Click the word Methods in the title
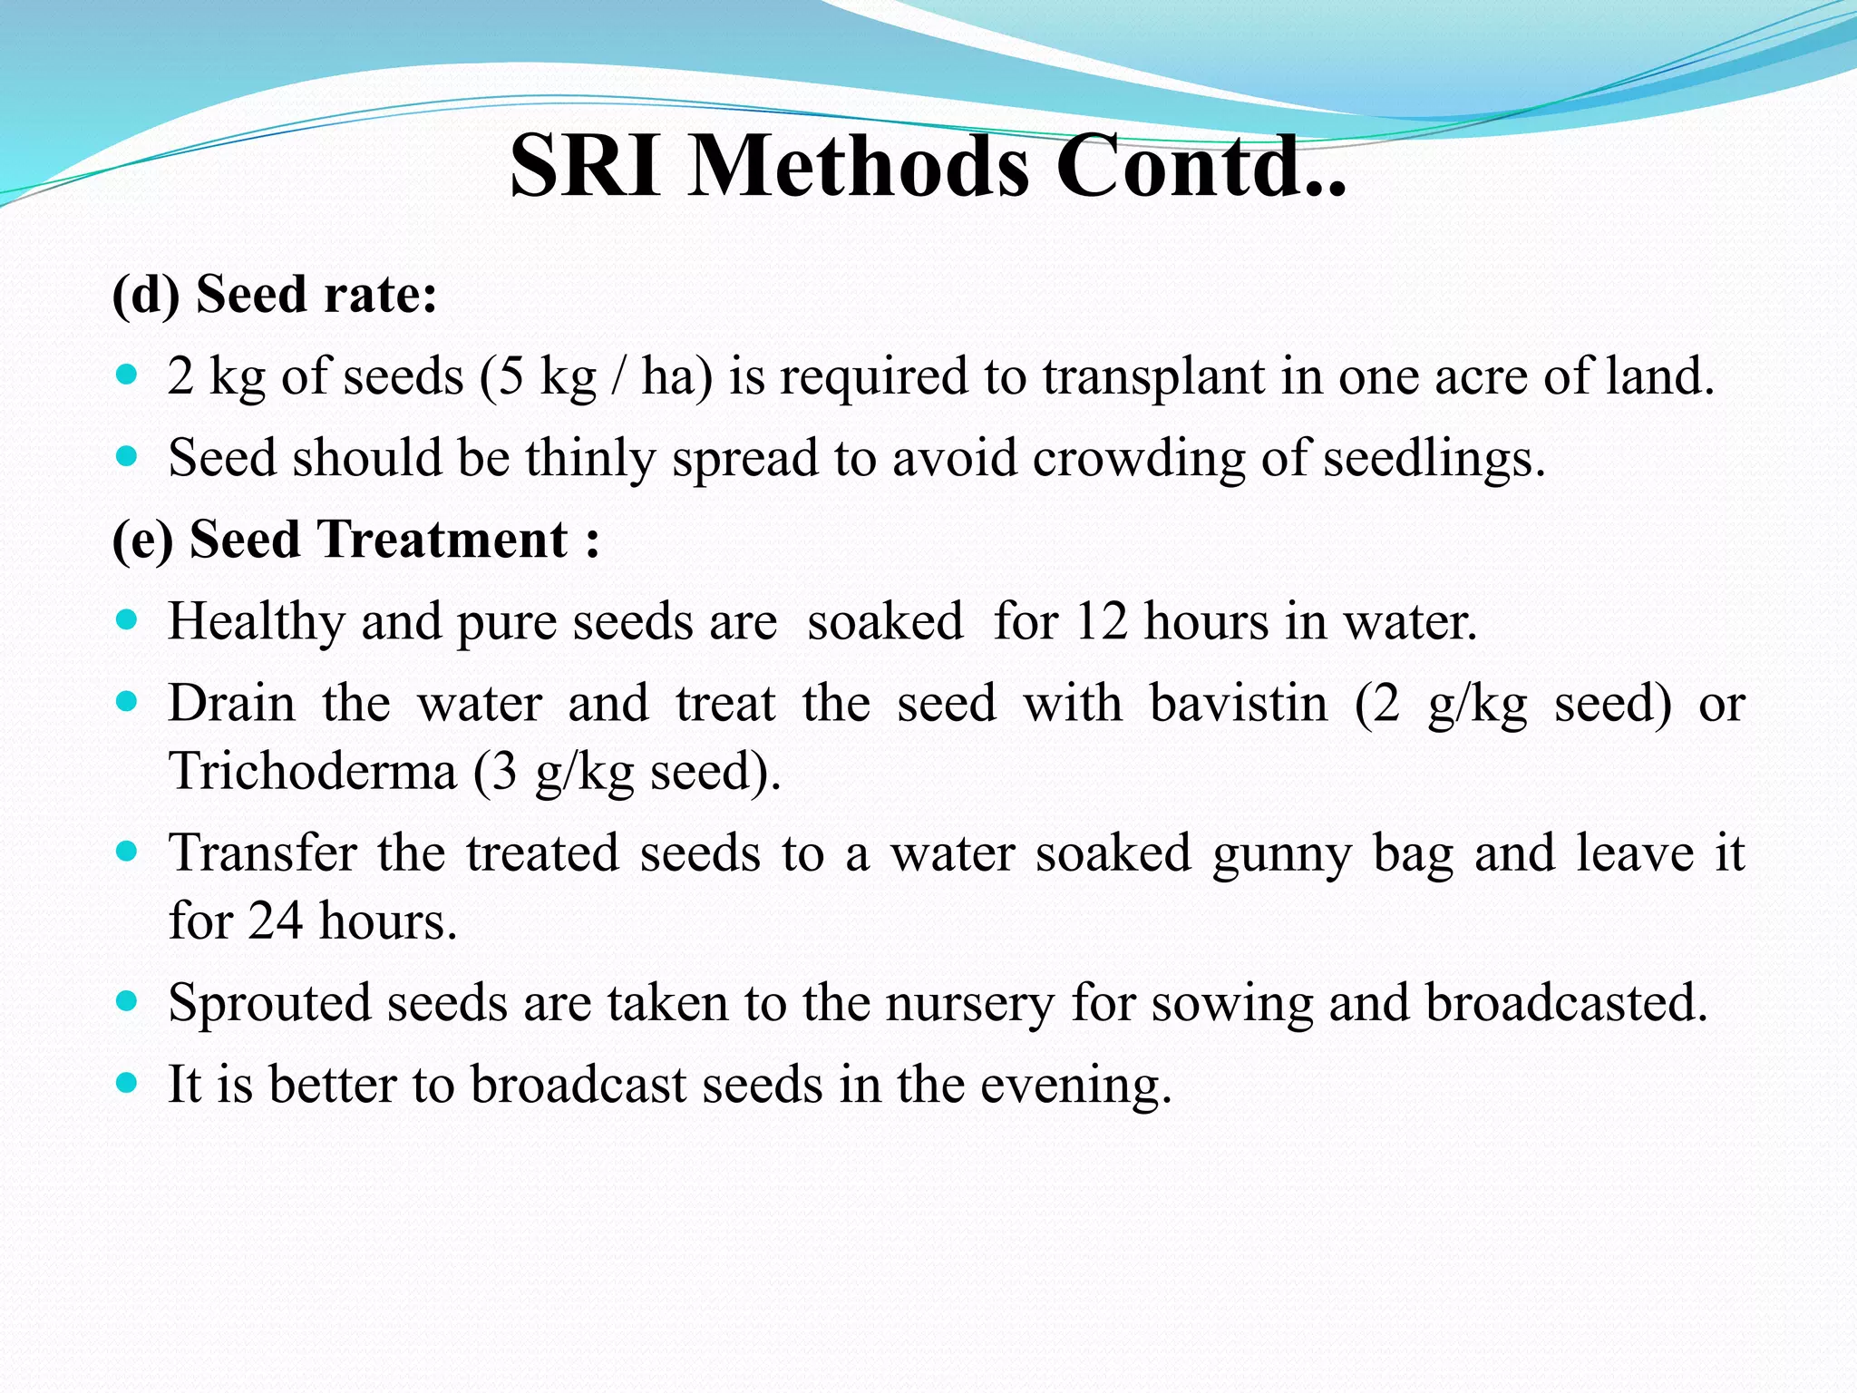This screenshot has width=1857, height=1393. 859,166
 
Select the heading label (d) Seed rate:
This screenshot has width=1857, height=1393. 274,294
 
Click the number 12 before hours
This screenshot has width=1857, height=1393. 1101,621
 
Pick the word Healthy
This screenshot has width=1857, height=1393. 256,621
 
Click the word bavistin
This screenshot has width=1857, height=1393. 1239,703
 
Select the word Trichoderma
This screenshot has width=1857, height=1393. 313,771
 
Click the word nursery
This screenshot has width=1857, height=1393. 970,1003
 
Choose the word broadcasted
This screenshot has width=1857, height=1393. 1566,1003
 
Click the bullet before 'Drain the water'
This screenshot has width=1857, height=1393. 127,702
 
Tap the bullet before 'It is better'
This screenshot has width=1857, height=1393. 127,1083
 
